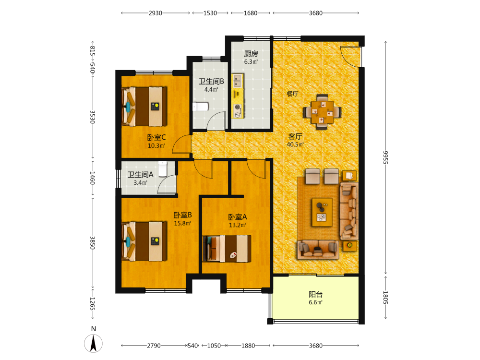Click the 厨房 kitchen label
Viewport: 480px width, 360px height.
tap(251, 54)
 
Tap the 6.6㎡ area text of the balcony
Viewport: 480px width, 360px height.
tap(315, 302)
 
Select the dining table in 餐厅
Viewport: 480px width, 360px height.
tap(322, 112)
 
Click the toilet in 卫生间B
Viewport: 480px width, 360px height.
tap(201, 107)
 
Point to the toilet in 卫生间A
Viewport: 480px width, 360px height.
tap(163, 168)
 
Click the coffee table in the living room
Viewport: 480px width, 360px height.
tap(322, 212)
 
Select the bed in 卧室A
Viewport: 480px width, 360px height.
tap(227, 249)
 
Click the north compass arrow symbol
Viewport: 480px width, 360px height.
tap(94, 343)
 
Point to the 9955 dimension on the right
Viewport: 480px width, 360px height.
tap(385, 157)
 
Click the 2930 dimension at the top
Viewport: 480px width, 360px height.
tap(155, 13)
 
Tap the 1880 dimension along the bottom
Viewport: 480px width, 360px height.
tap(248, 346)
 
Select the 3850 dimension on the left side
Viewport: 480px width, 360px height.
tap(93, 243)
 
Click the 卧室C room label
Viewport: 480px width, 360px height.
tap(156, 137)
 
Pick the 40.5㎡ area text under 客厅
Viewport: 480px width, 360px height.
tap(295, 144)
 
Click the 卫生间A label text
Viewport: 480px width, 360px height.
tap(141, 175)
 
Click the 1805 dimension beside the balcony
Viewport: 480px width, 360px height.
tap(385, 298)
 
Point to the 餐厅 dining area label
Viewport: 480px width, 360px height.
tap(292, 94)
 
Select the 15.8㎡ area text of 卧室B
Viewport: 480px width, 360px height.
tap(182, 223)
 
